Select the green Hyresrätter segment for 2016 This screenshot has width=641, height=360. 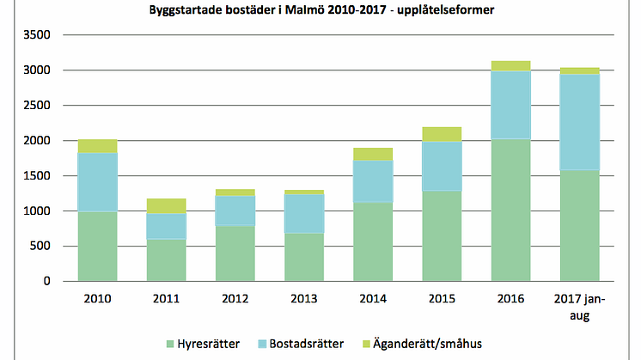pos(510,210)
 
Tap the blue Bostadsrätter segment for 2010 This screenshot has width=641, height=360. pos(97,182)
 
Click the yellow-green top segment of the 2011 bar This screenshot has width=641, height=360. pos(166,206)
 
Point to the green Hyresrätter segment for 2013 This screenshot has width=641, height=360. pos(304,257)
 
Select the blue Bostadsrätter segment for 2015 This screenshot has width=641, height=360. pos(442,167)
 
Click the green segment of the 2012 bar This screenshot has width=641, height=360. pos(235,253)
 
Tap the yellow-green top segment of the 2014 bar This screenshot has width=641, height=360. pos(373,155)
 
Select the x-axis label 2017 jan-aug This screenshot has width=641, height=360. pos(579,308)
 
